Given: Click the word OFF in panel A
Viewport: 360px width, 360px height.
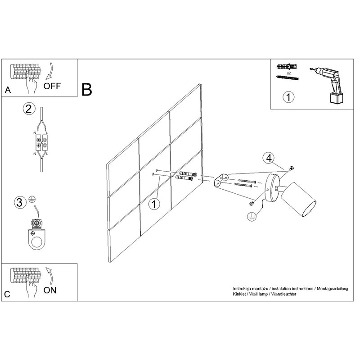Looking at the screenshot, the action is pos(52,86).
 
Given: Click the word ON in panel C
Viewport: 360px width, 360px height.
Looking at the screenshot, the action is pos(50,290).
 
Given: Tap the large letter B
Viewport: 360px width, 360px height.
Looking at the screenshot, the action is pos(87,90).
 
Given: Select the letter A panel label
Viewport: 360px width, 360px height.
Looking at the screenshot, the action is pos(8,90).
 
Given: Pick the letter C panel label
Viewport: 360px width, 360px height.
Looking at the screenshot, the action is pos(7,294).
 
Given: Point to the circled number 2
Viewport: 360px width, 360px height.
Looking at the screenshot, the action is pos(29,109).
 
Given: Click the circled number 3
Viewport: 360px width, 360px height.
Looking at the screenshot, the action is pos(20,203).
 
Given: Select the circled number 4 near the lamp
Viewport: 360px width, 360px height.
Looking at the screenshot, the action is pos(269,158).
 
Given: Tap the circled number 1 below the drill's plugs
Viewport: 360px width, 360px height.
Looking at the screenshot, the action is pos(288,97).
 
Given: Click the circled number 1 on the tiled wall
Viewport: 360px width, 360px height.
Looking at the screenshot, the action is pos(154,204).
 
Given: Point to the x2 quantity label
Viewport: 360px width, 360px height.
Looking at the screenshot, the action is pos(288,73).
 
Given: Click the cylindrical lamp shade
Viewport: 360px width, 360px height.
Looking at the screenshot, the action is pos(299,200).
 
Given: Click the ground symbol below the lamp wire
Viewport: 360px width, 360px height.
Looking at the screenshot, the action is pos(252,216).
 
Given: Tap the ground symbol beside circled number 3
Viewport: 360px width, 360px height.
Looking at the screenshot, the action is pos(32,199).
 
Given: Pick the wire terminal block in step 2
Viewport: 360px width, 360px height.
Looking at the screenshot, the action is pos(41,142).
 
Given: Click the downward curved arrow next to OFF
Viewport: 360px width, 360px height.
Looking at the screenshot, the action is pos(50,70).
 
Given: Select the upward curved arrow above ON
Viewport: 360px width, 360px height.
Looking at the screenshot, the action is pos(50,276).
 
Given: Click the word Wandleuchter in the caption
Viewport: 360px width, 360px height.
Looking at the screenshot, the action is pos(283,294).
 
